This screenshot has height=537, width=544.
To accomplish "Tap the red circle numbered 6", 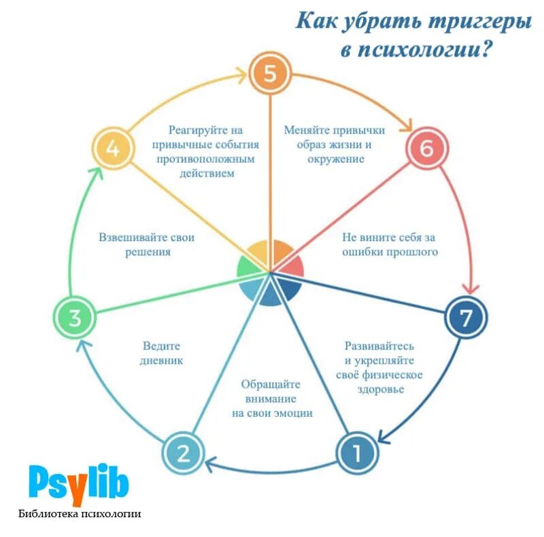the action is tap(427, 149).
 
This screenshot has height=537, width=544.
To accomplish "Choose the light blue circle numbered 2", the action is tap(184, 453).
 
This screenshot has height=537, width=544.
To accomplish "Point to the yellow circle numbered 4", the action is tap(113, 149).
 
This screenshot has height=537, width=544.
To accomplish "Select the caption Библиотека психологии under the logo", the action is tap(80, 514).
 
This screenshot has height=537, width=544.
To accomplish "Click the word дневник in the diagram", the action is tap(163, 360).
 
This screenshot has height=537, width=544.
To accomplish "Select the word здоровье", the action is tap(380, 389).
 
